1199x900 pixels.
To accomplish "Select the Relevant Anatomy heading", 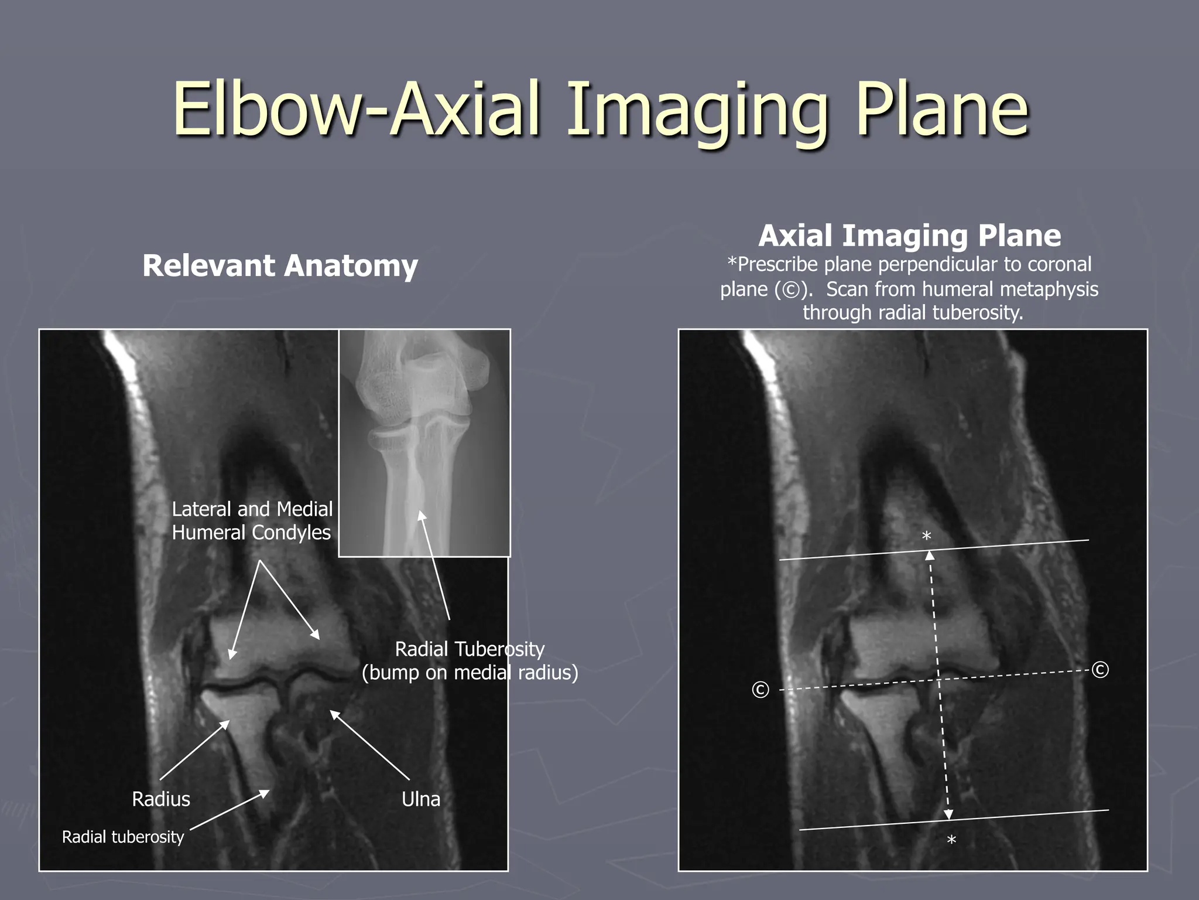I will click(x=280, y=266).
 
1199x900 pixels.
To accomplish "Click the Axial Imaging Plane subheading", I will click(x=909, y=236).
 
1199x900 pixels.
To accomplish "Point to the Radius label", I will click(x=161, y=799).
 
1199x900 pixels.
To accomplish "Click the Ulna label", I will click(x=421, y=799).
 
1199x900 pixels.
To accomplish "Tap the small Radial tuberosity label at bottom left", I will click(x=123, y=837).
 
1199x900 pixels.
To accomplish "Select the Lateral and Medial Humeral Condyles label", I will click(x=252, y=521).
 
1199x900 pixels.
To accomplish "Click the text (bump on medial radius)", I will click(x=470, y=672).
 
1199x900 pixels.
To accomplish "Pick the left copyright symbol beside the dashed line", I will click(x=760, y=690).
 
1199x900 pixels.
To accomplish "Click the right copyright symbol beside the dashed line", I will click(x=1100, y=670).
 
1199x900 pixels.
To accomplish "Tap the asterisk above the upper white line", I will click(x=926, y=537).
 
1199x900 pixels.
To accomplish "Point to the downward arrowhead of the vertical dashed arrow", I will click(x=948, y=815).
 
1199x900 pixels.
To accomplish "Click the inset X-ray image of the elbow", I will click(x=424, y=443).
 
